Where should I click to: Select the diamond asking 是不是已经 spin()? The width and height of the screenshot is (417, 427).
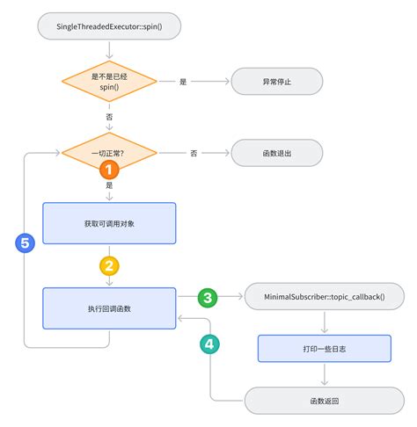[109, 82]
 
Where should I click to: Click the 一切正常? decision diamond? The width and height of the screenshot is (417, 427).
[109, 153]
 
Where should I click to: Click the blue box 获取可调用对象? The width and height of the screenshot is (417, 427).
[109, 223]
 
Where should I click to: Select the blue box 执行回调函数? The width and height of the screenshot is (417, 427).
[109, 308]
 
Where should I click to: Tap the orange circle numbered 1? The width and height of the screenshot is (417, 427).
[109, 170]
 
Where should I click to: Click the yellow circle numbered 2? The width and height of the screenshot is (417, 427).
[109, 266]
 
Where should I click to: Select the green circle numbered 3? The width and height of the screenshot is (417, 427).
[208, 297]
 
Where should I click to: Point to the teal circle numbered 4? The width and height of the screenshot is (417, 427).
[209, 344]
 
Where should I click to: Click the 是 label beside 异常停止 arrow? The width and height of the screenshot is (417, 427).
[183, 82]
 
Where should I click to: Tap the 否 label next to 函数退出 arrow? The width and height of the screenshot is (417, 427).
[194, 153]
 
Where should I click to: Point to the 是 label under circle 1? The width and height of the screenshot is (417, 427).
[109, 185]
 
